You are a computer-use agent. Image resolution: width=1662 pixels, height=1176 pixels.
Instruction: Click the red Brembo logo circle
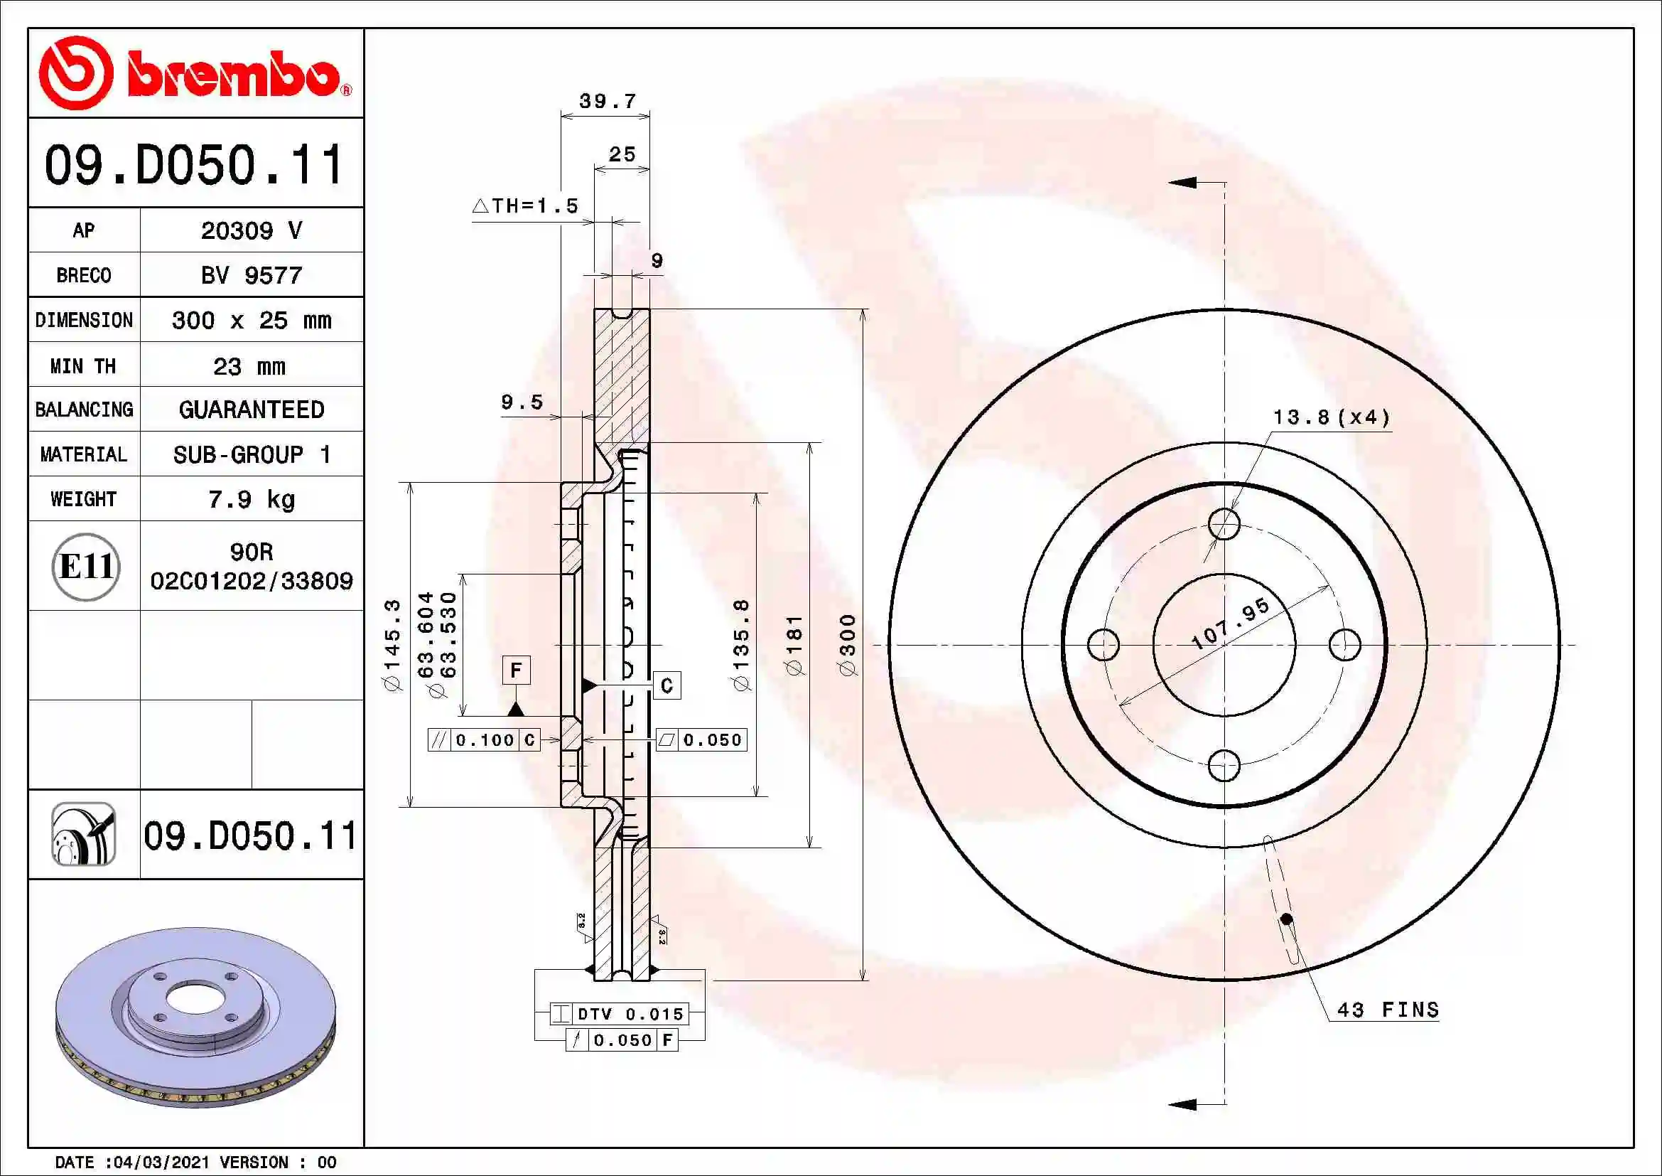[75, 73]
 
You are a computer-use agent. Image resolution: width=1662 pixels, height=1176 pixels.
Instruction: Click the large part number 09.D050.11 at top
[194, 164]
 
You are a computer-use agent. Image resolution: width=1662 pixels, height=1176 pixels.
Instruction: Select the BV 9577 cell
[251, 275]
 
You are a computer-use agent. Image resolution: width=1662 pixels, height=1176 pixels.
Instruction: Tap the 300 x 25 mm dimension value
[251, 320]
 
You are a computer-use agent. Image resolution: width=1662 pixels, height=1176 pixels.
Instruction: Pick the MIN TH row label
[83, 365]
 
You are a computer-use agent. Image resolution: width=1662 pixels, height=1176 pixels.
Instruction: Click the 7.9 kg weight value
[251, 499]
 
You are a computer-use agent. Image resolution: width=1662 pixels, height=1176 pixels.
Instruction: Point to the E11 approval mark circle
[85, 566]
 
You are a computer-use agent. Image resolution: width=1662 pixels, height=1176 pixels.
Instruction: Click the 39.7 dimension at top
[608, 102]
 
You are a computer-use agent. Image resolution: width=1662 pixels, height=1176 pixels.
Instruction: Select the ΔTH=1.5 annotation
[526, 205]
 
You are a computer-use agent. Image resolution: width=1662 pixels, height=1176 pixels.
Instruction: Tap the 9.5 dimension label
[521, 402]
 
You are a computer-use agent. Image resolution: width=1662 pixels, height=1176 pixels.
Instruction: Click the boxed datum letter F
[516, 670]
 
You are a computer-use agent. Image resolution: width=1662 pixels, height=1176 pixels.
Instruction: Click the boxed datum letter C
[667, 685]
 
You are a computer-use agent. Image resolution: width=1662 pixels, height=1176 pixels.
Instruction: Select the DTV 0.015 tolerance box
[620, 1014]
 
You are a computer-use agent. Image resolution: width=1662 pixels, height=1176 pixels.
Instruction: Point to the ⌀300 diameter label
[848, 644]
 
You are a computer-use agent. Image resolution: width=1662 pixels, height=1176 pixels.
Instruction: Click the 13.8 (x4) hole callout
[1331, 417]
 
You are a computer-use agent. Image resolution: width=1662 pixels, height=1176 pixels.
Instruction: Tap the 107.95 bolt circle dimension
[1230, 624]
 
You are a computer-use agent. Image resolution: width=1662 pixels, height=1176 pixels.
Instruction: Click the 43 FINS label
[1388, 1010]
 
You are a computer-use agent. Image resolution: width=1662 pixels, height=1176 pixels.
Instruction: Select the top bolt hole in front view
[1224, 523]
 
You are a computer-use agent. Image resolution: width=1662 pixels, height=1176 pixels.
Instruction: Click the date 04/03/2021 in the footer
[161, 1162]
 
